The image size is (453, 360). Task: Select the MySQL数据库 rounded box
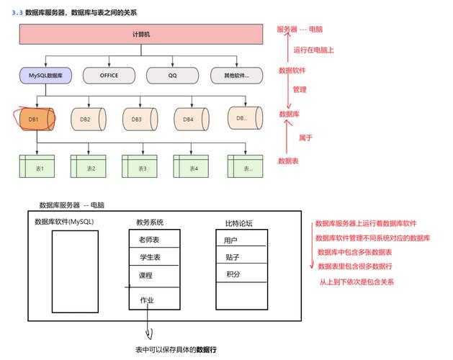click(x=45, y=74)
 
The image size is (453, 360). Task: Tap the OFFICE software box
click(x=109, y=74)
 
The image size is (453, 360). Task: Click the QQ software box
click(x=173, y=74)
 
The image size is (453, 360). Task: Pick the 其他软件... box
click(x=236, y=74)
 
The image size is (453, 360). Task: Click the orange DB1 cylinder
click(x=34, y=120)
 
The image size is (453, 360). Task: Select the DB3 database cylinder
click(x=137, y=119)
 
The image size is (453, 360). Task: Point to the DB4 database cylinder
click(x=189, y=119)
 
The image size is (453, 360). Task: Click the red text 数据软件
click(x=292, y=71)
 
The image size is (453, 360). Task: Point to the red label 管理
click(x=300, y=90)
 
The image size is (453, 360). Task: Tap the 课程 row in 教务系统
click(x=146, y=275)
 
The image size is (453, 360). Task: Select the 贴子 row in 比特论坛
click(x=232, y=257)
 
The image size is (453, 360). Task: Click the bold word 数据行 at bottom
click(x=206, y=349)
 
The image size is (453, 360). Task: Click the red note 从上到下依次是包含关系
click(x=356, y=282)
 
